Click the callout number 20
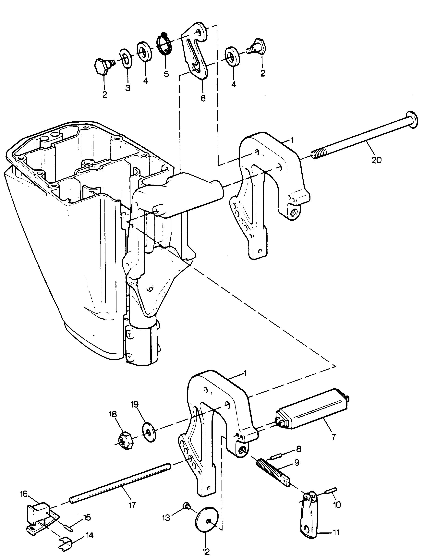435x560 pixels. (376, 160)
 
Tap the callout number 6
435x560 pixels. (203, 98)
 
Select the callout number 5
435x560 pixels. (166, 74)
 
